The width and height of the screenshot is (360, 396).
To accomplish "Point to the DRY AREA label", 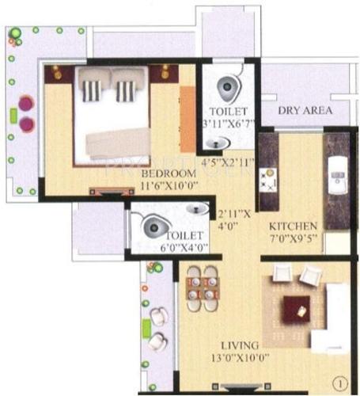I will click(x=303, y=112).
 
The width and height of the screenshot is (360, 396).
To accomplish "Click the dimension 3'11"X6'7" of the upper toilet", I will click(x=227, y=124).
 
